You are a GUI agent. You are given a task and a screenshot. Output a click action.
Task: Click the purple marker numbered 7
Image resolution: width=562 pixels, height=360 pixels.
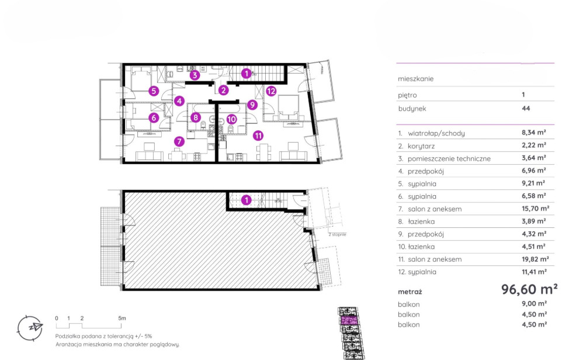coord(179,141)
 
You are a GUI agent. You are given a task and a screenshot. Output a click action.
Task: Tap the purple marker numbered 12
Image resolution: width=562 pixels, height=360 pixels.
coord(271,91)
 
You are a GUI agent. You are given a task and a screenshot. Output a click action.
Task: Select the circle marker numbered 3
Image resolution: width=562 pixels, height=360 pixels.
coord(195,75)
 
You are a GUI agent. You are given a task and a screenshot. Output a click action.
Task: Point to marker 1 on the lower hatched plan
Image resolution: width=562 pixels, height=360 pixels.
coord(246,200)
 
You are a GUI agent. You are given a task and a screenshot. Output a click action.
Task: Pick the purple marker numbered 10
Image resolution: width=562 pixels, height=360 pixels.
coord(231,119)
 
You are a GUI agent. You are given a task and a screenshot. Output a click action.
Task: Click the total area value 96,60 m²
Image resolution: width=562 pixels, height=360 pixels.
coord(529,289)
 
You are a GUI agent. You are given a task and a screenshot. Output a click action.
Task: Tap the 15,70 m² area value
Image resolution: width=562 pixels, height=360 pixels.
coord(535,208)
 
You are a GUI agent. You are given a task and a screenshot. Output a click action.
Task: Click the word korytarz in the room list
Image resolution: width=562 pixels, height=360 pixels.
coord(421,146)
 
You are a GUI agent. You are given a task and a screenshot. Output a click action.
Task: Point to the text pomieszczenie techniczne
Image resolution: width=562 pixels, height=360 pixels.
coord(449,159)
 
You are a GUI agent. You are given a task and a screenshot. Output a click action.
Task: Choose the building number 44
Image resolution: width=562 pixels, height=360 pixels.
coord(526,108)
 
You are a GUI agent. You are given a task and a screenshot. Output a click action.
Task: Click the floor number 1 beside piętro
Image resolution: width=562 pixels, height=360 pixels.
coord(523,95)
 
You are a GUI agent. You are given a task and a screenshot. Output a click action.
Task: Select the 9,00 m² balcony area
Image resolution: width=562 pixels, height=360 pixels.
coord(534,304)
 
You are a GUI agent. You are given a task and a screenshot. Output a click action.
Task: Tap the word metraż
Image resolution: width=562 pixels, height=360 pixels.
coord(410,292)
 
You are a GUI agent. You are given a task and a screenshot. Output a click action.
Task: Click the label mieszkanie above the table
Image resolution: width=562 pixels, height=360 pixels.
coord(416,79)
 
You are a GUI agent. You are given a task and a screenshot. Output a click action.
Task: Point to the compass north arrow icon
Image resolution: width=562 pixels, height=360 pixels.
coord(30,328)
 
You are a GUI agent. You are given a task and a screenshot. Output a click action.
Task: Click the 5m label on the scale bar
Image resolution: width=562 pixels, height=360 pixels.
coord(122,318)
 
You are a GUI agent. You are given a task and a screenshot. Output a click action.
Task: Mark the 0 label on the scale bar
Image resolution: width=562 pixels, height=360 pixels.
coord(57,318)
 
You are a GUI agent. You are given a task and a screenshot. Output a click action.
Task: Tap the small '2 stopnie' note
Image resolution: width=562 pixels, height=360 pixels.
coord(337,234)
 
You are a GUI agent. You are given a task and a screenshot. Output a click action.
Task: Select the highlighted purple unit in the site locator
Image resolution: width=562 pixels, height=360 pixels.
coord(348,320)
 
